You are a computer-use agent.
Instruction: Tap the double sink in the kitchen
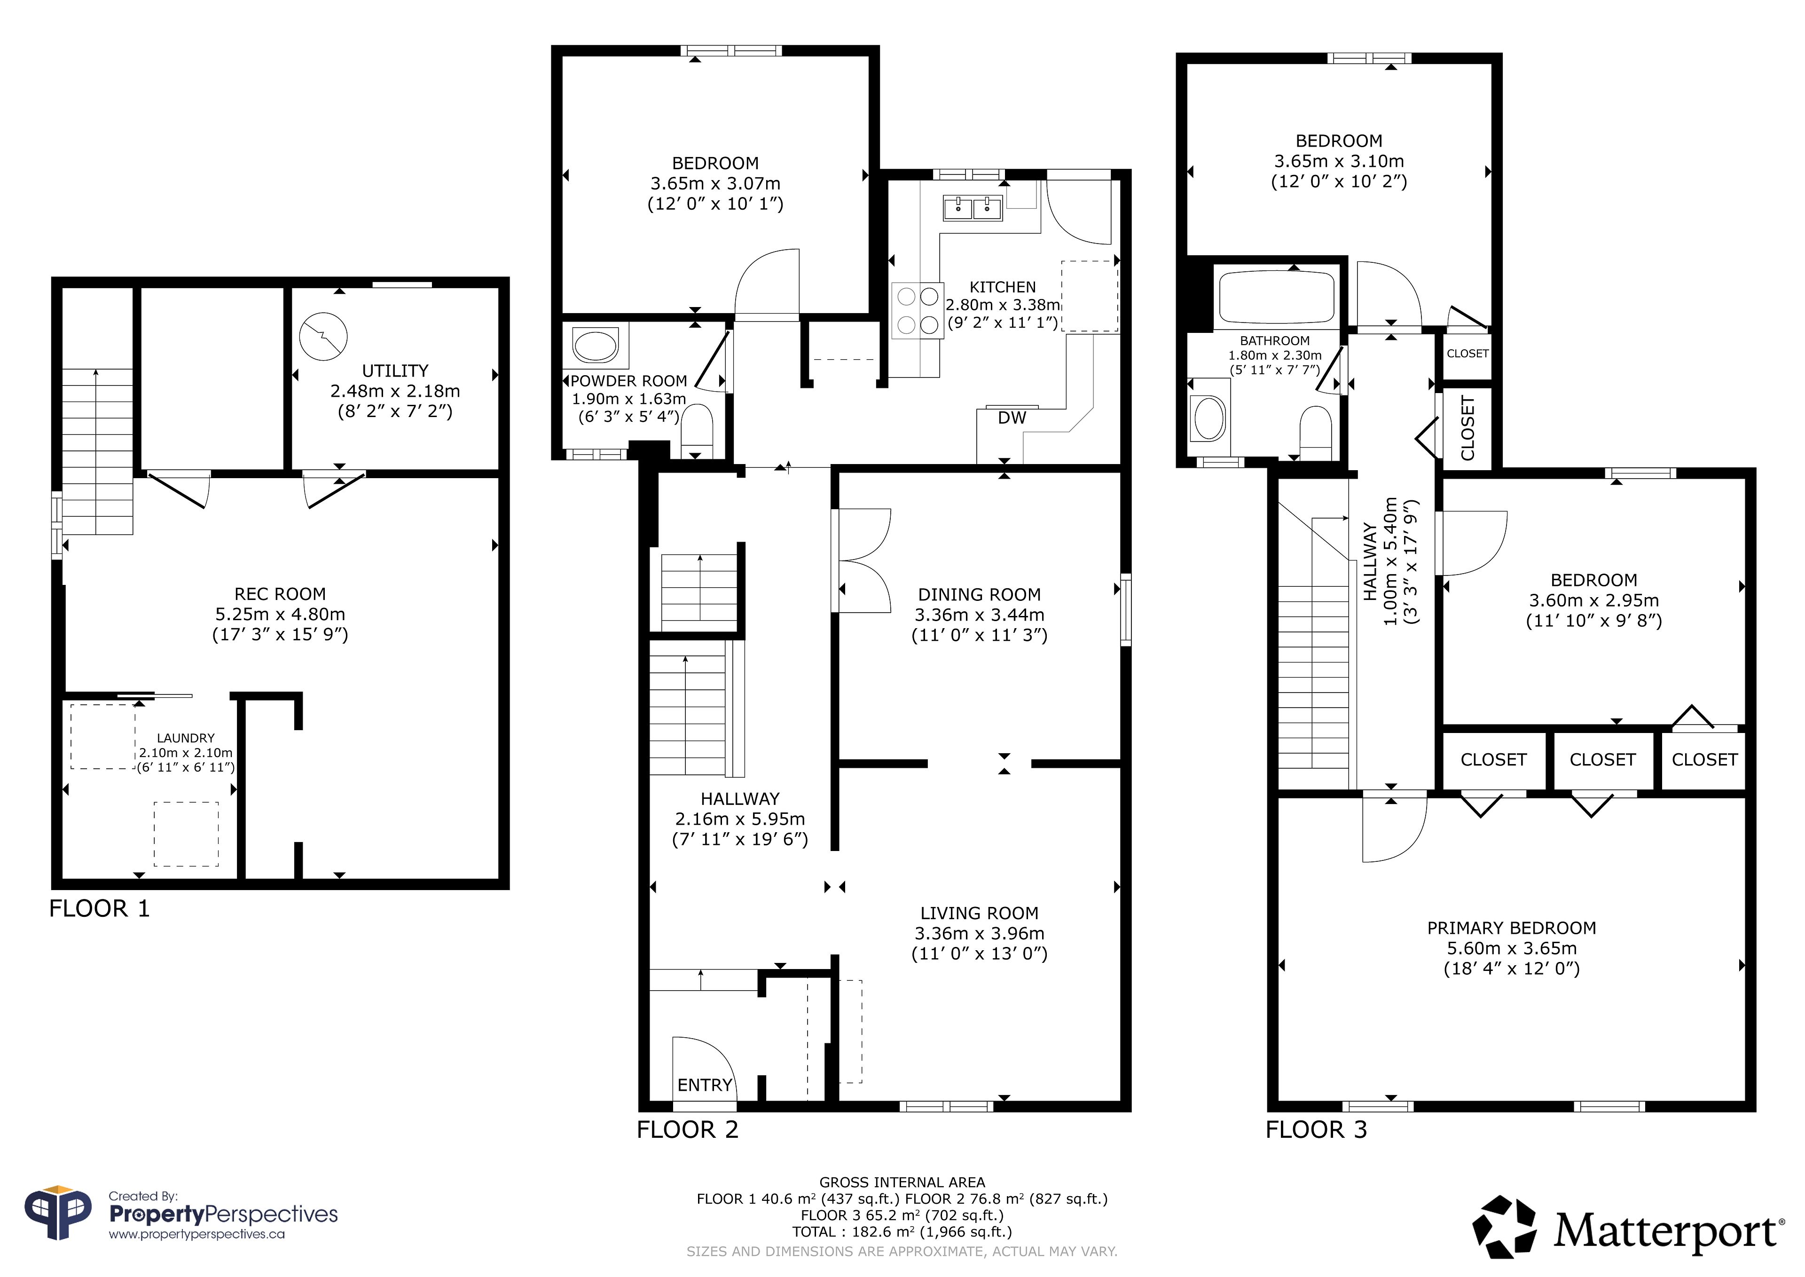pyautogui.click(x=973, y=208)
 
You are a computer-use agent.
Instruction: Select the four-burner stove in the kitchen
pyautogui.click(x=918, y=311)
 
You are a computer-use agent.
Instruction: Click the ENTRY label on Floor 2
pyautogui.click(x=705, y=1085)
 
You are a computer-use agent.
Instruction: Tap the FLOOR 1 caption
pyautogui.click(x=99, y=909)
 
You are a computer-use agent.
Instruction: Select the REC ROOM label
pyautogui.click(x=280, y=594)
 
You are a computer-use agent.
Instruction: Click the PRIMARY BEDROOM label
pyautogui.click(x=1511, y=928)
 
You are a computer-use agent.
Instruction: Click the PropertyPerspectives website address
pyautogui.click(x=196, y=1235)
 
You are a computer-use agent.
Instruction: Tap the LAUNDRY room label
pyautogui.click(x=186, y=738)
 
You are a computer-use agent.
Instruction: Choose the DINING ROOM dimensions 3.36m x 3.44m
pyautogui.click(x=979, y=615)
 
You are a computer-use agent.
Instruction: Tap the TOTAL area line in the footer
pyautogui.click(x=902, y=1231)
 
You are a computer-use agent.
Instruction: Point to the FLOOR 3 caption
pyautogui.click(x=1316, y=1130)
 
